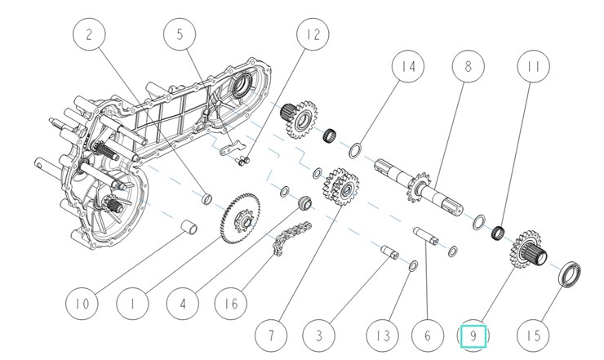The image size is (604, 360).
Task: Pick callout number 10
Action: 81,305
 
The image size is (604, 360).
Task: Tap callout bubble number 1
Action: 131,305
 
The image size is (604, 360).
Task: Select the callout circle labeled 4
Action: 182,305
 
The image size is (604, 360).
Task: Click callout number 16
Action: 232,305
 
